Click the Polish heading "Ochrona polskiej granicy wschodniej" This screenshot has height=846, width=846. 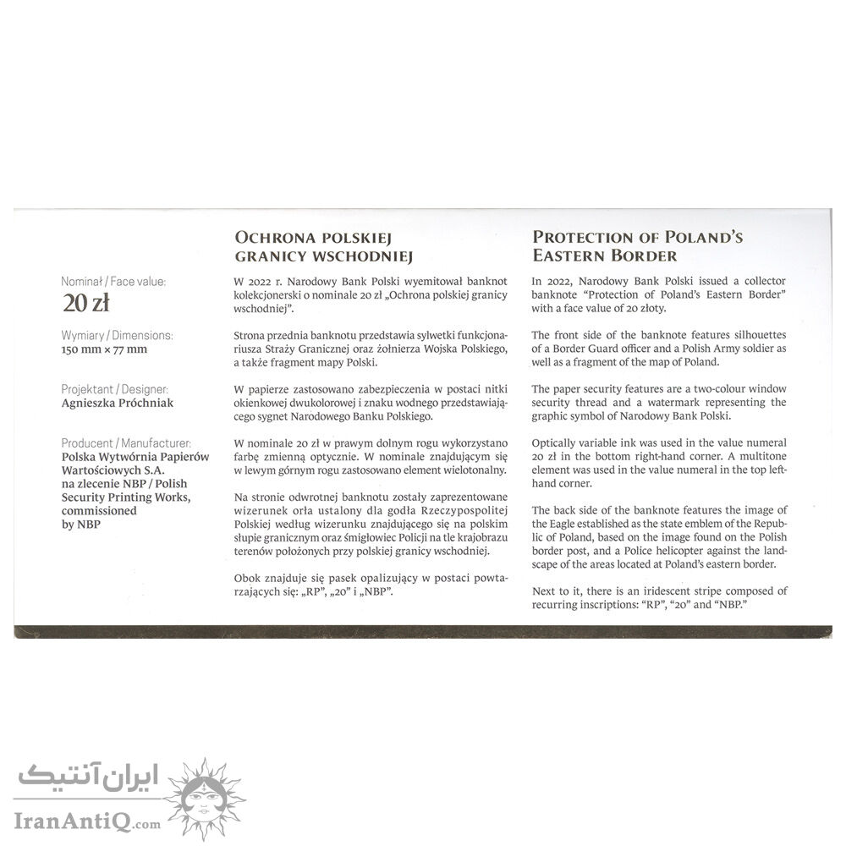[314, 246]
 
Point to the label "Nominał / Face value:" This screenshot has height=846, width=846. [114, 281]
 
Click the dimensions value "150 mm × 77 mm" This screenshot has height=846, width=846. [104, 349]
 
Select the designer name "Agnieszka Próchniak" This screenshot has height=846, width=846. [118, 403]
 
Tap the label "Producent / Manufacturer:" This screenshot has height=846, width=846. [126, 442]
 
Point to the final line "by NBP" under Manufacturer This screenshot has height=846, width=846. [83, 524]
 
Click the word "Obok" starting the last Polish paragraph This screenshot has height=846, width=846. [249, 578]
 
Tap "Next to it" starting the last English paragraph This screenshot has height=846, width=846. [559, 591]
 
